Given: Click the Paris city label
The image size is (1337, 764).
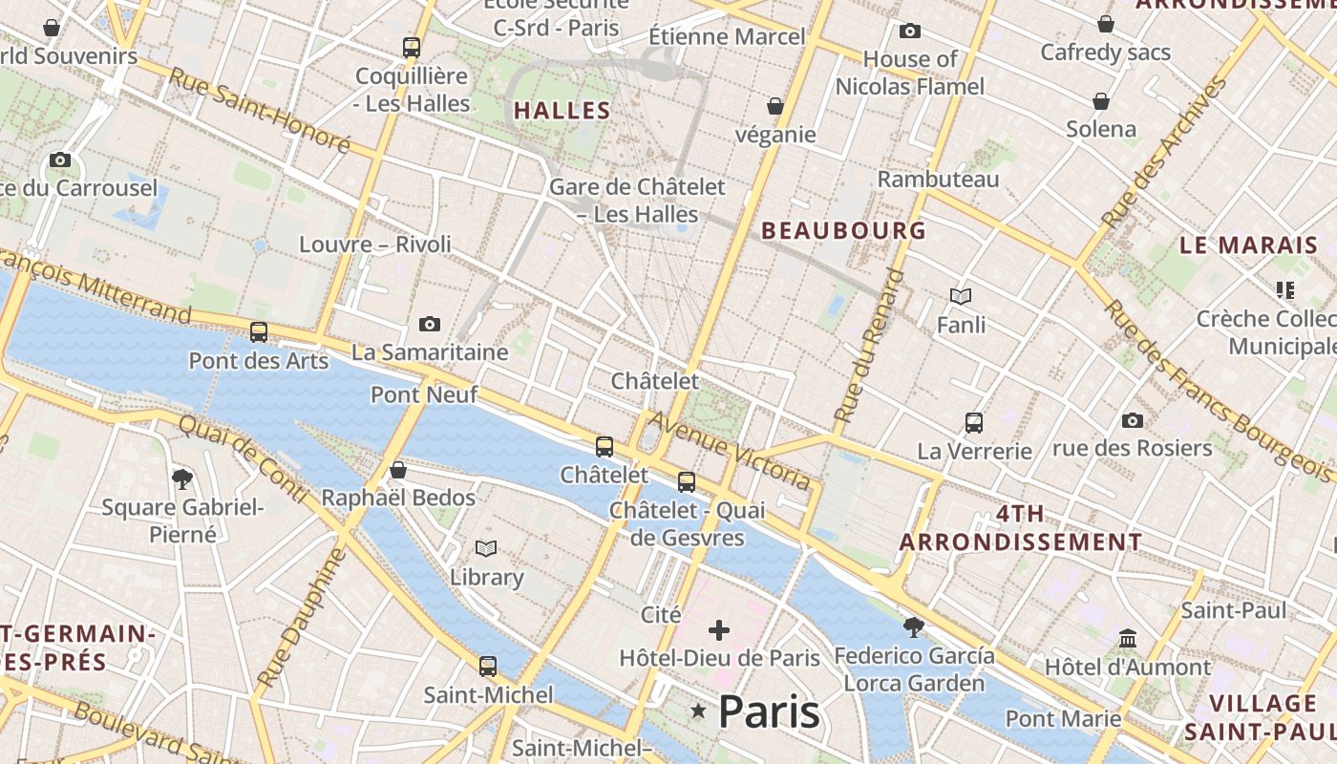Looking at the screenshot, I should click(769, 711).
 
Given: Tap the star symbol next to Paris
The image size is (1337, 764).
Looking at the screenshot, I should click(699, 711).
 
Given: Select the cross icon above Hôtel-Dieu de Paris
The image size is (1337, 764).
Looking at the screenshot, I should click(719, 630).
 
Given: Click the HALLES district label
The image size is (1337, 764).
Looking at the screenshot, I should click(562, 111).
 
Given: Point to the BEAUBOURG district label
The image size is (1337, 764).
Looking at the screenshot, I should click(843, 230).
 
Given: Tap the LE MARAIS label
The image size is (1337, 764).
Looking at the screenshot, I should click(1248, 245).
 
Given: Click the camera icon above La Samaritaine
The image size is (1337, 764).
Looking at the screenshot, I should click(430, 325).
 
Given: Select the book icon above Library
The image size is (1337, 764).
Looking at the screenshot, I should click(486, 549).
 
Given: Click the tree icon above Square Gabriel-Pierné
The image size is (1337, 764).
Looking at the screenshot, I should click(181, 478).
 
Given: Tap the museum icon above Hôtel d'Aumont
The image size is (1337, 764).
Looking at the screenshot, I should click(1128, 638).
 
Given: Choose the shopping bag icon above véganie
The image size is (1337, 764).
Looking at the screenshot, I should click(775, 106).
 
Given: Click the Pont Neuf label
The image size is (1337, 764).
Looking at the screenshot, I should click(424, 394).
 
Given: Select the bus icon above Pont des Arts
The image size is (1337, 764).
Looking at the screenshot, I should click(259, 332).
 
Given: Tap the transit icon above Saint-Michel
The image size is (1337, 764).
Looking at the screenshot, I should click(488, 666).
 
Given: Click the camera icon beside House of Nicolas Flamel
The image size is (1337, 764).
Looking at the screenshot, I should click(910, 32).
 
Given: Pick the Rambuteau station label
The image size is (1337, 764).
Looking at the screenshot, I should click(938, 180).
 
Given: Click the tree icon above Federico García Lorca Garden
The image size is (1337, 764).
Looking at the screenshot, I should click(914, 627).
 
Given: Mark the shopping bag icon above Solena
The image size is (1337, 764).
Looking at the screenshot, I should click(1101, 101).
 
